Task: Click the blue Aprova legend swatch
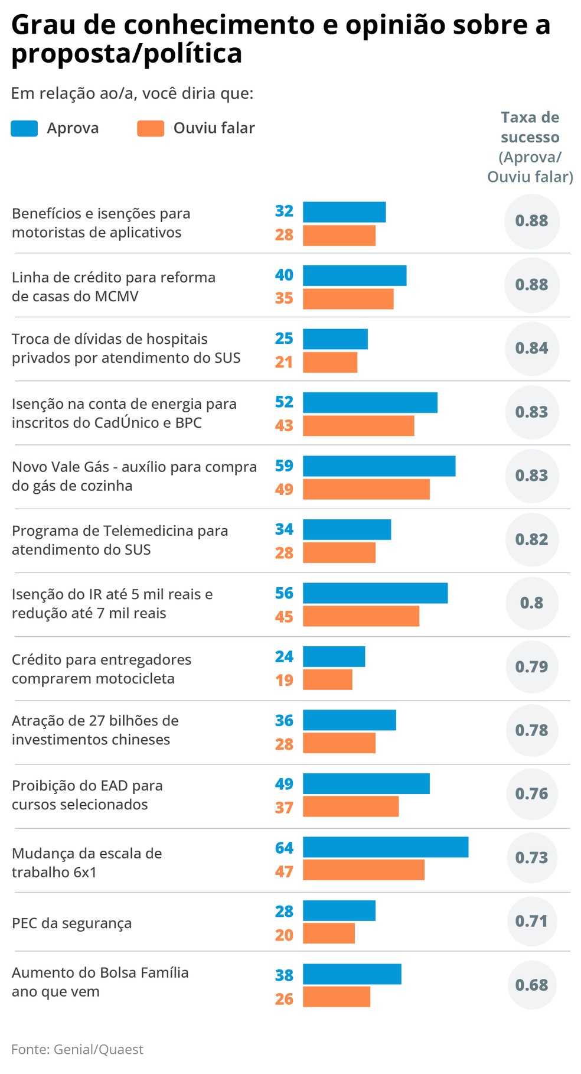click(24, 128)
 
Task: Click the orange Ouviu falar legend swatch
click(150, 128)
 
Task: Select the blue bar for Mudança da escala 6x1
click(385, 847)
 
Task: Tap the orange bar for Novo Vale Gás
click(366, 489)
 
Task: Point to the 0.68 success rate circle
click(531, 985)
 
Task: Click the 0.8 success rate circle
click(531, 603)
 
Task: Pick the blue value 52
click(284, 402)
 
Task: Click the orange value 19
click(284, 680)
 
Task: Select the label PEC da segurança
click(71, 923)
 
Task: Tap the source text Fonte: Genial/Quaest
click(77, 1049)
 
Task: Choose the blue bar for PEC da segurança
click(339, 910)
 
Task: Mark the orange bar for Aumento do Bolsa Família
click(337, 997)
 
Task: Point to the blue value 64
click(284, 848)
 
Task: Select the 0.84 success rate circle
click(531, 348)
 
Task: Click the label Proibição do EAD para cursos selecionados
click(87, 795)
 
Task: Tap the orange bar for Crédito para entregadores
click(328, 679)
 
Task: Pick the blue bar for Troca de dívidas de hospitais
click(335, 339)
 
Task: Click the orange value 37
click(284, 808)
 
